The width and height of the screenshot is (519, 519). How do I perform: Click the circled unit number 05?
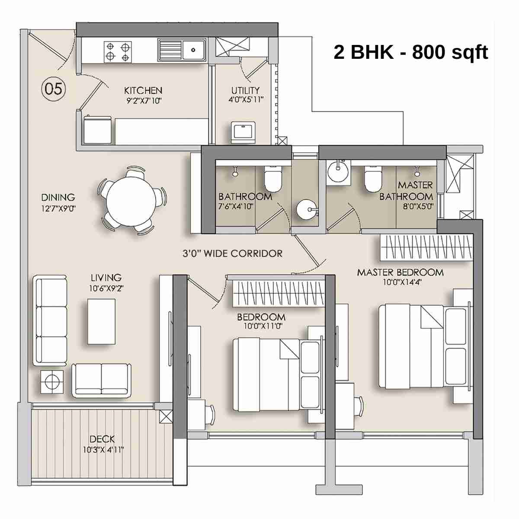click(53, 89)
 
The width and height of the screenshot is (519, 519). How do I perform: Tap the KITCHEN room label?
click(143, 90)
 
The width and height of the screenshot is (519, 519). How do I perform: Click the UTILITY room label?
click(245, 90)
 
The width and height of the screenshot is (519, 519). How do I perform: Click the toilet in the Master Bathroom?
click(372, 178)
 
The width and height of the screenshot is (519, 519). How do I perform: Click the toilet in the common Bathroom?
click(273, 178)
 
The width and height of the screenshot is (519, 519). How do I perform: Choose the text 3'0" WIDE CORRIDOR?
click(232, 253)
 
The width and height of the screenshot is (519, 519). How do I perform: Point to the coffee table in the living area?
click(101, 321)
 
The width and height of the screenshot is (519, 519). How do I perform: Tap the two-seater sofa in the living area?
click(102, 380)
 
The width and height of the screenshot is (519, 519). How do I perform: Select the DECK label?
click(103, 439)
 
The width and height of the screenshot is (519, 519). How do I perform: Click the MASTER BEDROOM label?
click(400, 272)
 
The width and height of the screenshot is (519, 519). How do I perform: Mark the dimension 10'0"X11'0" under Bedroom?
click(263, 327)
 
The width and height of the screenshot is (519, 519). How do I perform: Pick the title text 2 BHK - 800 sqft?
click(410, 52)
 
